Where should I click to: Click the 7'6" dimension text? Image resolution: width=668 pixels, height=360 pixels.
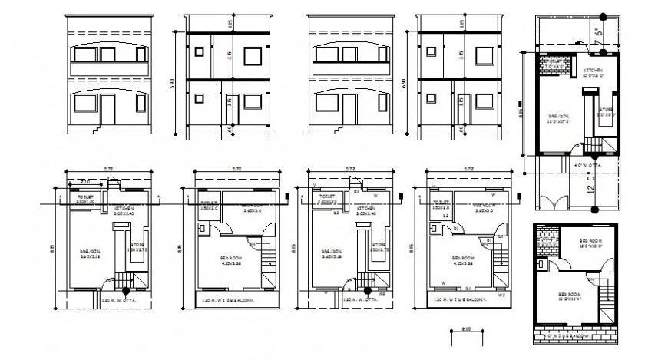(599, 35)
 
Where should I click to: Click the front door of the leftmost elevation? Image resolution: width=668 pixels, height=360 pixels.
(109, 109)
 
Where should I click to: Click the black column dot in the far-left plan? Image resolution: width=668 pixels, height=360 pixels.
(127, 290)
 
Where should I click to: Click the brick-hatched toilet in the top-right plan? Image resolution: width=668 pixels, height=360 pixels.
(554, 65)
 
